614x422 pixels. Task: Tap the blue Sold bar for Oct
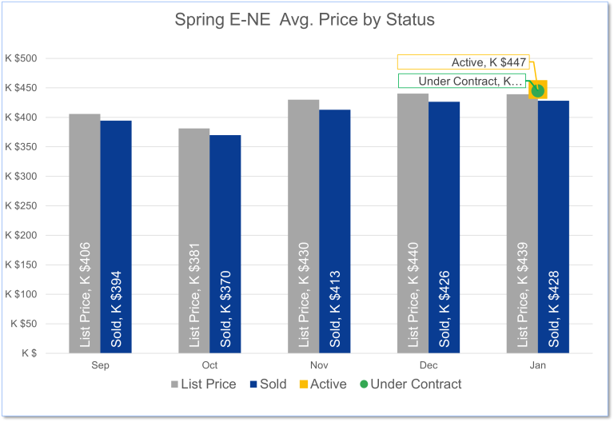[x=225, y=200]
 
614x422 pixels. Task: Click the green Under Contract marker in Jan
[x=537, y=90]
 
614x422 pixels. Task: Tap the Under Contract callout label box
[x=462, y=81]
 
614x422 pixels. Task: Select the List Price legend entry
[x=204, y=384]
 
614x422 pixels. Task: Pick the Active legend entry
[x=323, y=384]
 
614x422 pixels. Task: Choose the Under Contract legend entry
[x=410, y=384]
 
